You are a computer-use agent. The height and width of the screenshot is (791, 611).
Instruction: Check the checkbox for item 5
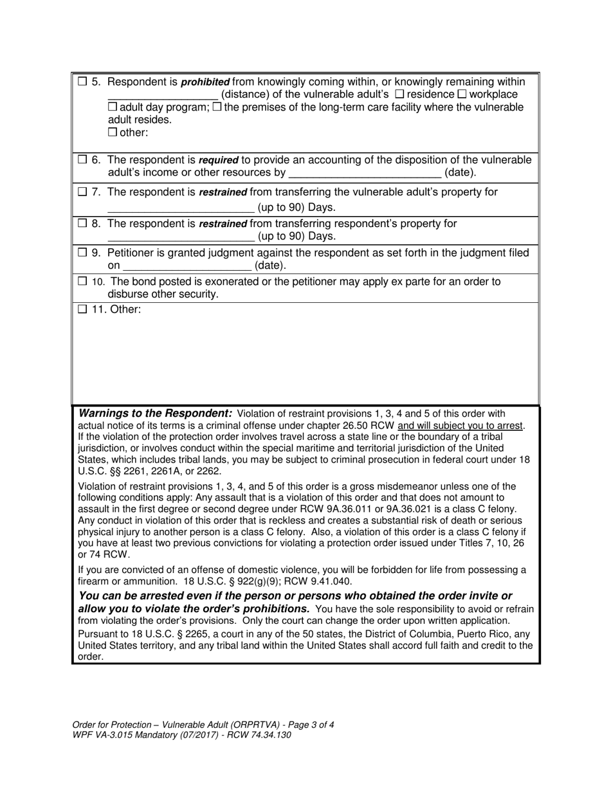pyautogui.click(x=82, y=82)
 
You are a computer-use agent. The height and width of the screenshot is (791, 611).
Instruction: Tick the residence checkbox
pyautogui.click(x=399, y=95)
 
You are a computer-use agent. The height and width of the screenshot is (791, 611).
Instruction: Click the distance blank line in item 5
pyautogui.click(x=163, y=96)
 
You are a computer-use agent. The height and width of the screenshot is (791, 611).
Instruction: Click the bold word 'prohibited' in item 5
pyautogui.click(x=206, y=82)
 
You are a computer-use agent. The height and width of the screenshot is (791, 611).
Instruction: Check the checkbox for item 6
pyautogui.click(x=82, y=159)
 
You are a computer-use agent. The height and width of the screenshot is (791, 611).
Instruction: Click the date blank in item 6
pyautogui.click(x=365, y=174)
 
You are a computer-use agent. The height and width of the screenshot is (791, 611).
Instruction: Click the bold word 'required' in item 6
pyautogui.click(x=219, y=159)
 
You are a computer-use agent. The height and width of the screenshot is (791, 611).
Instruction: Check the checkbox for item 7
pyautogui.click(x=82, y=192)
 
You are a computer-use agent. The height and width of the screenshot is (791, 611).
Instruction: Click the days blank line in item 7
pyautogui.click(x=181, y=208)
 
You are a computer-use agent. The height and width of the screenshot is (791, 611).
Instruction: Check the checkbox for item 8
pyautogui.click(x=82, y=223)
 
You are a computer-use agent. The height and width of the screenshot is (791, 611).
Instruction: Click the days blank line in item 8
pyautogui.click(x=181, y=237)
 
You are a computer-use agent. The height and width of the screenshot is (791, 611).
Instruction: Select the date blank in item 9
pyautogui.click(x=187, y=266)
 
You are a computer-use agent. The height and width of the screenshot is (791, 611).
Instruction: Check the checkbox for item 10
pyautogui.click(x=82, y=282)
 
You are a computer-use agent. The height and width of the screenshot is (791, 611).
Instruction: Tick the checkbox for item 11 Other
pyautogui.click(x=82, y=309)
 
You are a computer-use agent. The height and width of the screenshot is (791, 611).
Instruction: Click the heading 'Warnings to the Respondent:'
pyautogui.click(x=155, y=413)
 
